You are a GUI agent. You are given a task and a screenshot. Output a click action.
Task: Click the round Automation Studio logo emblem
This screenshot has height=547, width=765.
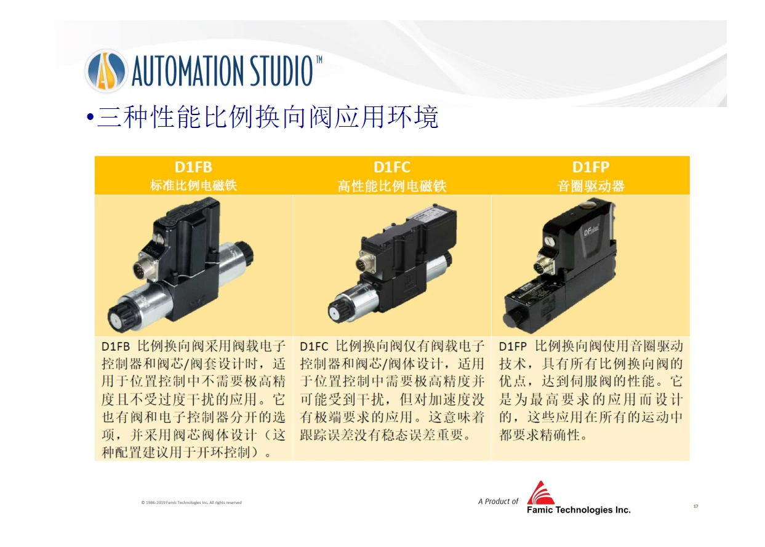106,71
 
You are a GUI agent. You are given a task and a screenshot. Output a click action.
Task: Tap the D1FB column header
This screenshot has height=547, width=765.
193,167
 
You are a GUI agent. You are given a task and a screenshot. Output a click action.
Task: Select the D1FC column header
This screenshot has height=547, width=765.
391,167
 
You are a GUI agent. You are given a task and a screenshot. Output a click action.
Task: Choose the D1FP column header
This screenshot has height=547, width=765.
590,167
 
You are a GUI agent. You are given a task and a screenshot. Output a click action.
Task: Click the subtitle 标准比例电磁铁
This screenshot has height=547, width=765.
193,185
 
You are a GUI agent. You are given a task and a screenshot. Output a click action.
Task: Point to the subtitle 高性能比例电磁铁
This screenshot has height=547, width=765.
392,186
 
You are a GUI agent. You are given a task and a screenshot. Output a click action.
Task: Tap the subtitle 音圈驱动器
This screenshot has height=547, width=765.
590,186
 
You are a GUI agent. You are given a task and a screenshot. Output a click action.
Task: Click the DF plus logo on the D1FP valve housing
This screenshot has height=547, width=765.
591,231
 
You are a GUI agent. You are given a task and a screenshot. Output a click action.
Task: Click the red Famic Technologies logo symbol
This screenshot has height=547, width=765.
540,493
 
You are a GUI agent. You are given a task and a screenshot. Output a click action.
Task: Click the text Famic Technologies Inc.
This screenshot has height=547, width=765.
579,510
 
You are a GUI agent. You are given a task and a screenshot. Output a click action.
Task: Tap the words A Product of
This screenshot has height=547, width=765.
498,501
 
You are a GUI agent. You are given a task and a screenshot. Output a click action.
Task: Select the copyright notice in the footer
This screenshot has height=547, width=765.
191,502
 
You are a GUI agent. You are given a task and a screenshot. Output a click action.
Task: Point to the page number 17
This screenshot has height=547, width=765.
695,506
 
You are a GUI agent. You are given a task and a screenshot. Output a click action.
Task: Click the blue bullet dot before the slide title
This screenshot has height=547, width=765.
90,117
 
